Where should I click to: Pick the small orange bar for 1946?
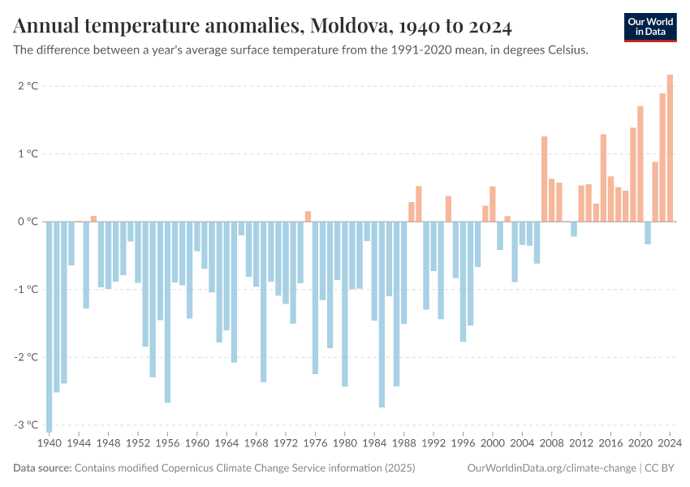coord(93,218)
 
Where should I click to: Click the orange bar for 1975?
coord(308,216)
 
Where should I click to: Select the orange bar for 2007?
coord(544,179)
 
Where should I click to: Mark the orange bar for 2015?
coord(603,178)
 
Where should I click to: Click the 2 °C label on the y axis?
coord(28,86)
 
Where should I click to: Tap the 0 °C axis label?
coord(28,222)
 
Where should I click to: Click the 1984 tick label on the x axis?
coord(374,444)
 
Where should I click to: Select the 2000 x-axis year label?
coord(493,444)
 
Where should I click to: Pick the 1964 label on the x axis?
coord(226,444)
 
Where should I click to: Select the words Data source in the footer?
coord(42,468)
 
